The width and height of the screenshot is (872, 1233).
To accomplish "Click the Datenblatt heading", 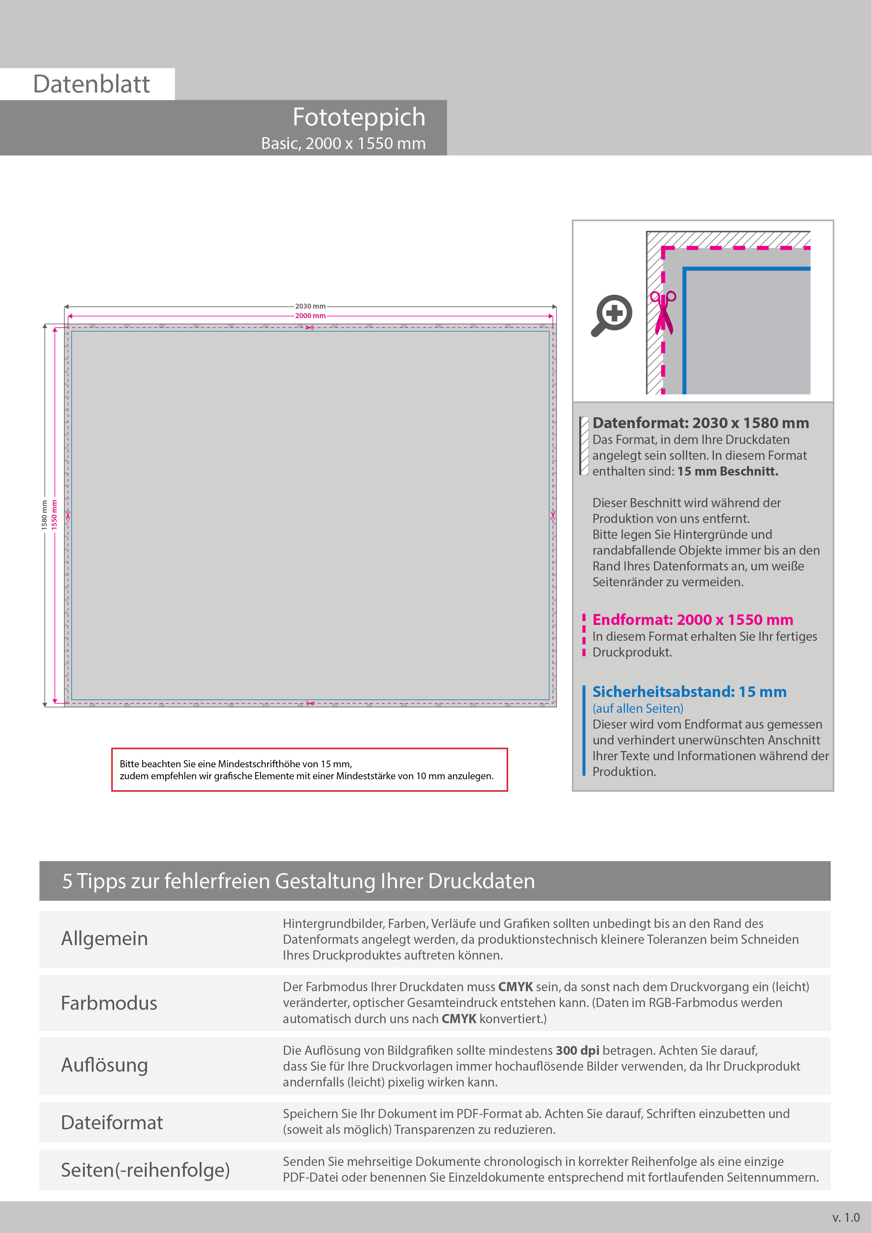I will click(x=91, y=84).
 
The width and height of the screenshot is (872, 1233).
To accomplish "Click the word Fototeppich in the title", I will click(x=359, y=117).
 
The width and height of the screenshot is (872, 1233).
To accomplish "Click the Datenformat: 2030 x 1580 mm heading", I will click(x=700, y=423).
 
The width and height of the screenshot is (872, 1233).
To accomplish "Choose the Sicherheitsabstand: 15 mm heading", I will click(x=689, y=692).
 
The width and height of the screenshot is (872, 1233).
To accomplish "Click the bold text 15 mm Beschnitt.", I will click(x=728, y=471).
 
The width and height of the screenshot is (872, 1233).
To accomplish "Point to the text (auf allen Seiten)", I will click(x=638, y=708).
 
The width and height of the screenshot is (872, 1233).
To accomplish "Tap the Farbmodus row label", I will click(x=109, y=1003).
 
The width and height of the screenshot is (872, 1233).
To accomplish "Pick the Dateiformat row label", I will click(x=112, y=1122).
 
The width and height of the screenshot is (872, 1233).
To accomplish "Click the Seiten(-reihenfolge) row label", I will click(x=145, y=1170).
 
